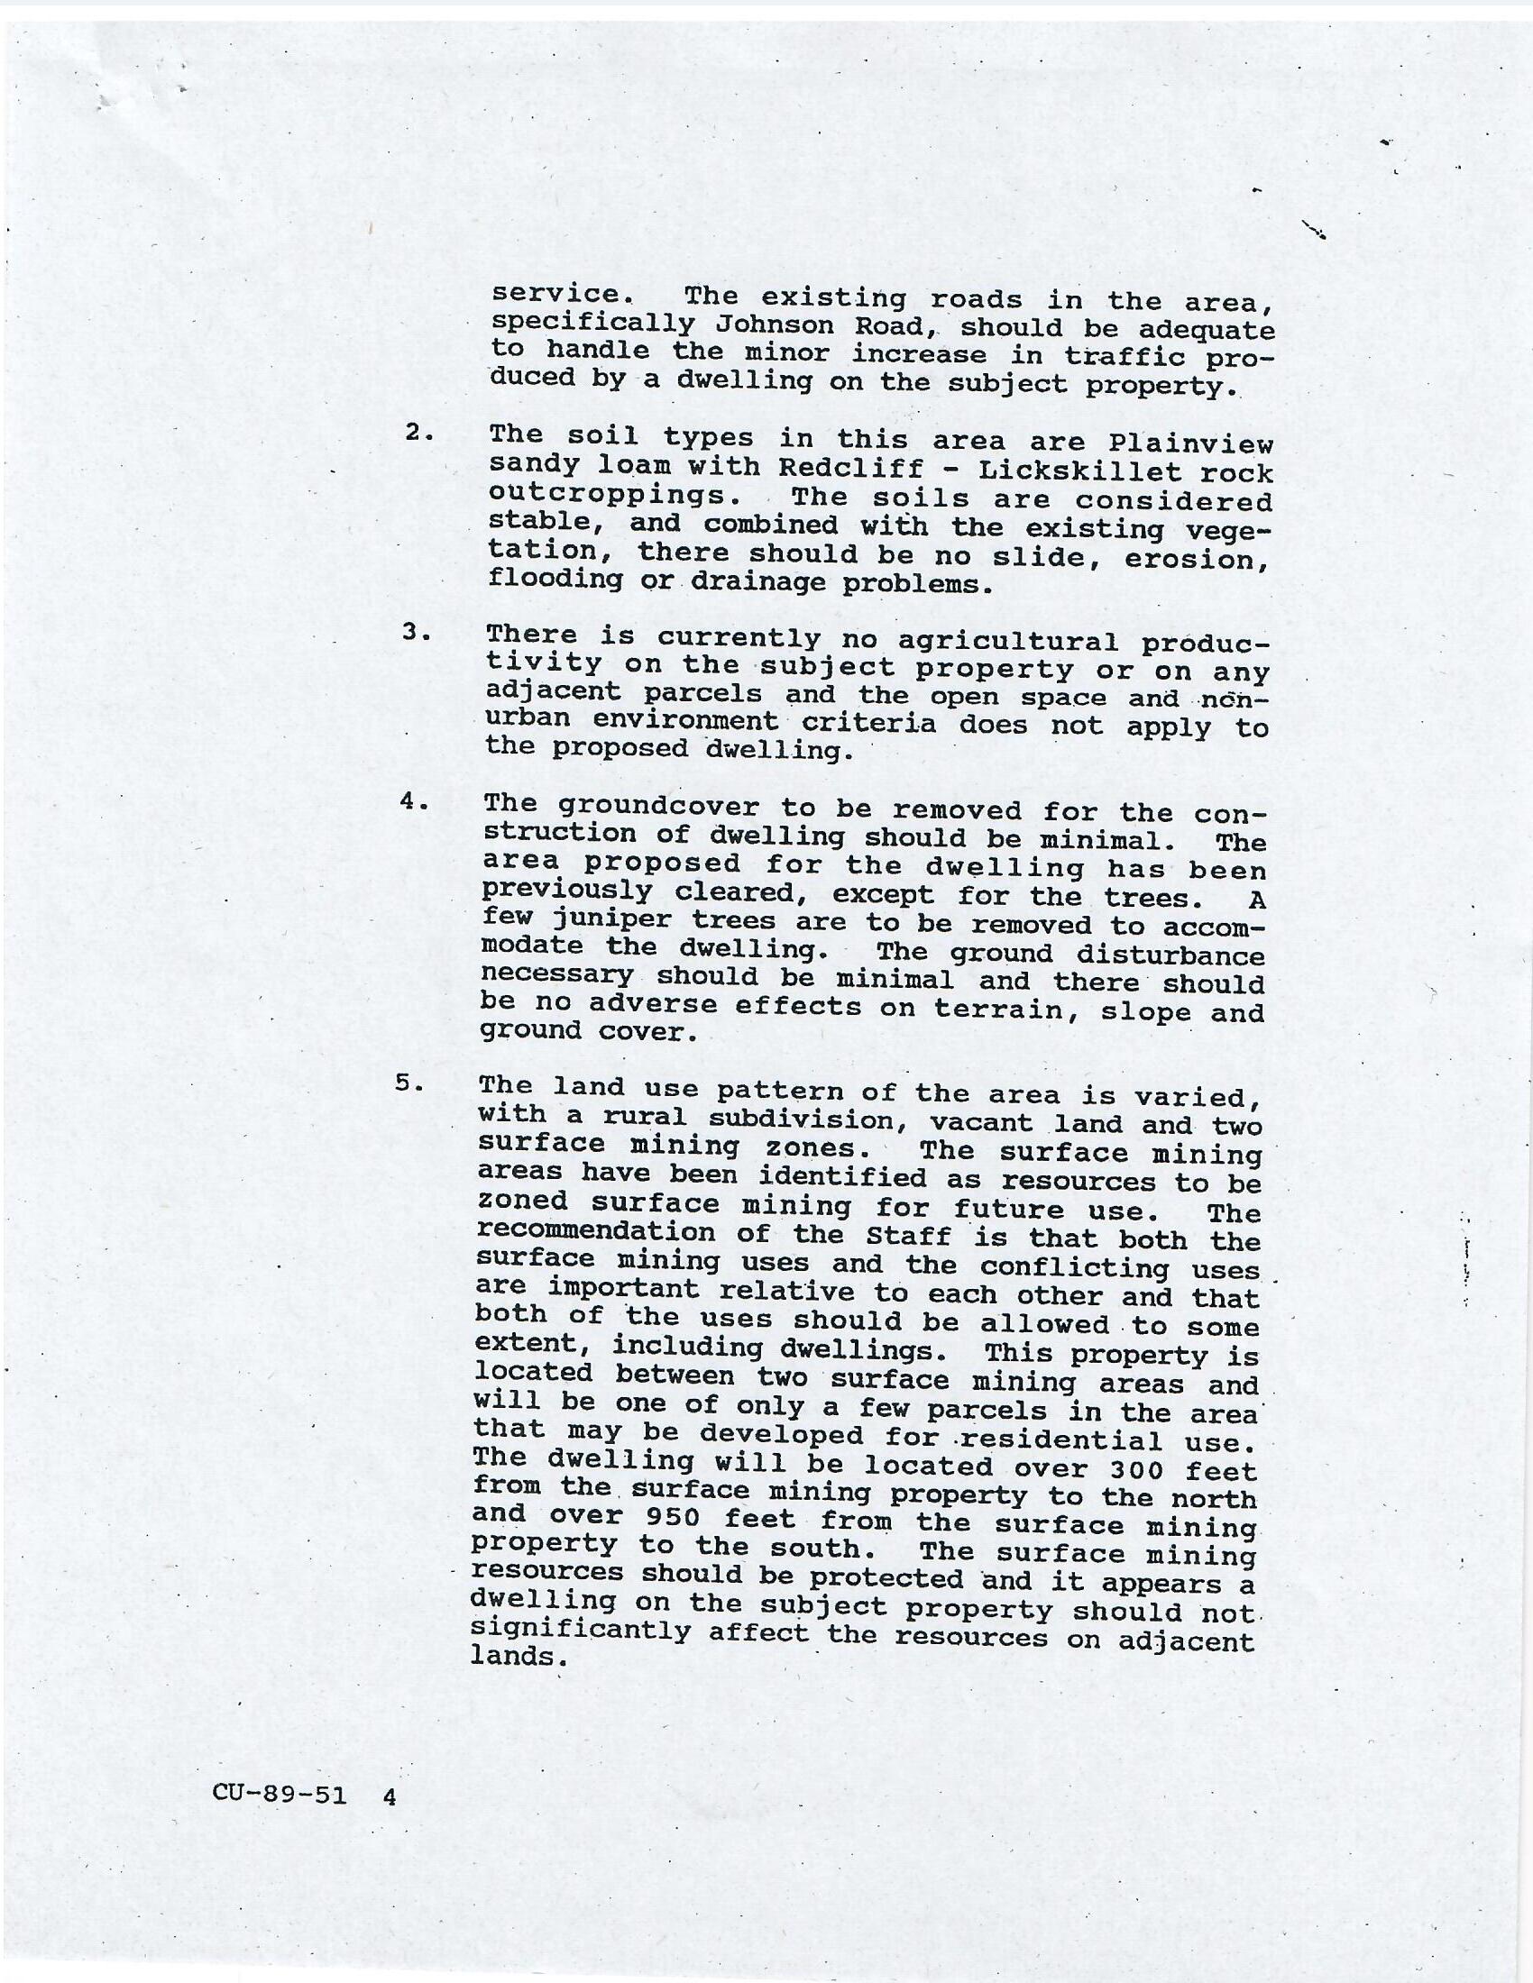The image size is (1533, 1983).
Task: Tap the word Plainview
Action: click(x=1190, y=444)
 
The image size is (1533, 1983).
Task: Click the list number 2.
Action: click(x=418, y=433)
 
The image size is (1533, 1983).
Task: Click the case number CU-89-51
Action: click(x=280, y=1793)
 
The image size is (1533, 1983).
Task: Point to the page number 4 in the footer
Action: click(x=390, y=1795)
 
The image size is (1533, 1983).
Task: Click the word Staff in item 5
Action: click(x=908, y=1236)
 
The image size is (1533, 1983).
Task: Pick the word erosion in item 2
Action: click(x=1196, y=559)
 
